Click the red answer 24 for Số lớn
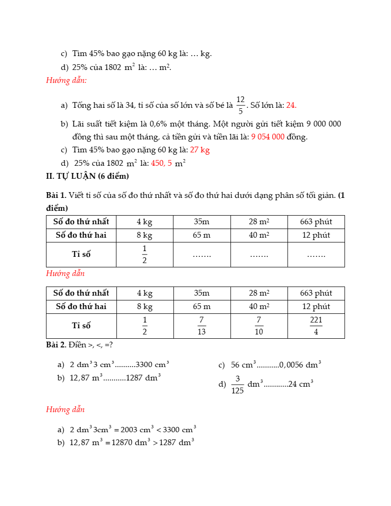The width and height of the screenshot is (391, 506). tap(291, 105)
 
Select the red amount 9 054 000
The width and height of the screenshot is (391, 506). tap(267, 137)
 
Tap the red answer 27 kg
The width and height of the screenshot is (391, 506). tap(200, 150)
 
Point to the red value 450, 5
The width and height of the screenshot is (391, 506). tap(161, 163)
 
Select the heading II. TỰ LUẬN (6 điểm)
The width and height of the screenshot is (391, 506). tap(88, 176)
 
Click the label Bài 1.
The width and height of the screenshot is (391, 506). tap(56, 195)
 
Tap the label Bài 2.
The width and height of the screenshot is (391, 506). tap(56, 345)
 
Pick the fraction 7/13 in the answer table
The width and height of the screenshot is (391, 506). tap(202, 326)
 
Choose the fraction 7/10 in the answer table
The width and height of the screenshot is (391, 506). tap(259, 326)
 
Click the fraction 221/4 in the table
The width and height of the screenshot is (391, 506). tap(316, 326)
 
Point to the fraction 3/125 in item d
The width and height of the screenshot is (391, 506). tap(237, 384)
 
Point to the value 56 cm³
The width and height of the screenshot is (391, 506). tap(243, 365)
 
